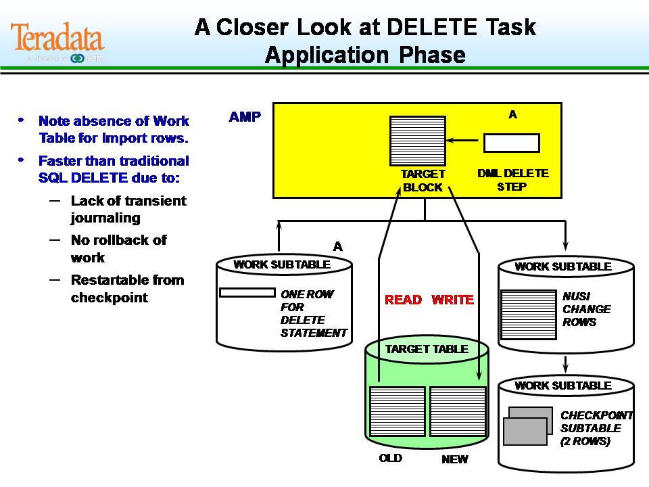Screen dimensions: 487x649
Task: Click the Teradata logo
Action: coord(57,39)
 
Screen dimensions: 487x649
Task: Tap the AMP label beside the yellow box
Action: coord(245,117)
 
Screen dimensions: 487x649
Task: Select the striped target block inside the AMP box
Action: coord(418,141)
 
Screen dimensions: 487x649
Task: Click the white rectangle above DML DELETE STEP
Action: coord(511,143)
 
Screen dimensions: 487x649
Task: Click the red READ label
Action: coord(403,300)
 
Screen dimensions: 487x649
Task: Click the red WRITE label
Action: coord(452,300)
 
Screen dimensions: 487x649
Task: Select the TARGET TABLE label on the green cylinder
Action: coord(426,349)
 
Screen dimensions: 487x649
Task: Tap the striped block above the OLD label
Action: coord(398,411)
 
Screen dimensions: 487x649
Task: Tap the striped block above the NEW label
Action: coord(458,411)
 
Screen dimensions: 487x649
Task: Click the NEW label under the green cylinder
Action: coord(454,459)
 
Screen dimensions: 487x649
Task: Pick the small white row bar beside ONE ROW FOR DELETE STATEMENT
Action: coord(247,293)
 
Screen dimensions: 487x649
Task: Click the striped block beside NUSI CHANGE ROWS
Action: coord(529,315)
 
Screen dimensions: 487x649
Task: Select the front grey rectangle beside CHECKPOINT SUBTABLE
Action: coord(525,432)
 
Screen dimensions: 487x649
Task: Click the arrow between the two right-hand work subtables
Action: coord(565,365)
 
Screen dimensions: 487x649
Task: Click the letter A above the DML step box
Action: coord(512,115)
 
